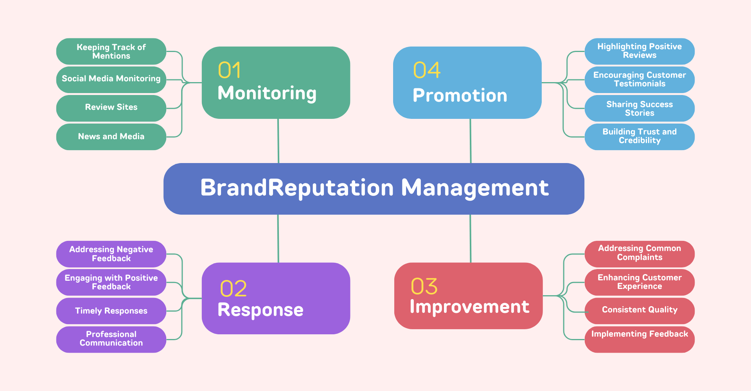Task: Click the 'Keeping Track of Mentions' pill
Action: (x=111, y=51)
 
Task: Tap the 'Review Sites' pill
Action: (x=111, y=108)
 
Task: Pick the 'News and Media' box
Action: (x=111, y=136)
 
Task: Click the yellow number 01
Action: (x=229, y=70)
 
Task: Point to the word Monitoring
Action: (x=267, y=93)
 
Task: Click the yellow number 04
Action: (x=427, y=70)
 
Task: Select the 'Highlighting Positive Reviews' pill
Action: (x=640, y=51)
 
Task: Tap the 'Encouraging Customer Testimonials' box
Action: (x=640, y=79)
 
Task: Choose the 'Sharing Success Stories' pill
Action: (x=640, y=108)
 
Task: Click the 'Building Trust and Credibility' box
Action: (x=640, y=136)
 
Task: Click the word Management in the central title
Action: (x=475, y=188)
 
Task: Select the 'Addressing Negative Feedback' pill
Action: (x=111, y=254)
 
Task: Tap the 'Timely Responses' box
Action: (x=111, y=311)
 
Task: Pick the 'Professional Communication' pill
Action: (x=111, y=339)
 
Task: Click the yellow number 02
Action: (x=234, y=289)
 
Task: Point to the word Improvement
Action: (x=469, y=307)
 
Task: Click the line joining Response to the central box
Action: (x=278, y=239)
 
